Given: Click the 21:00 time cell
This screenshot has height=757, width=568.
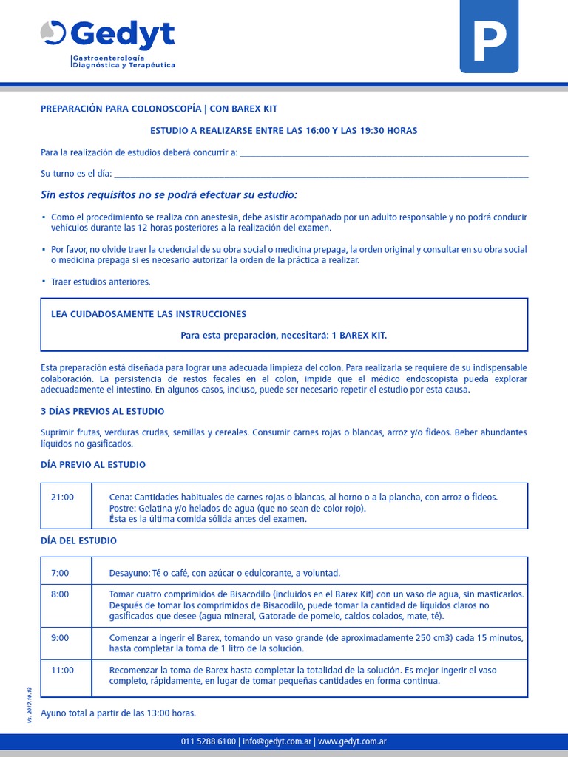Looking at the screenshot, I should click(x=62, y=498).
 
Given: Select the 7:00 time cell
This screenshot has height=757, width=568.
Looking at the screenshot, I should click(x=60, y=573).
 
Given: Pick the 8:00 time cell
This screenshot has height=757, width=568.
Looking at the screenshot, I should click(x=60, y=594).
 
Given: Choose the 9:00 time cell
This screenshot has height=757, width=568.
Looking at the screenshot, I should click(x=60, y=638).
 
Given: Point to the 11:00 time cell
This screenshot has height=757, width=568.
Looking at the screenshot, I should click(x=62, y=671).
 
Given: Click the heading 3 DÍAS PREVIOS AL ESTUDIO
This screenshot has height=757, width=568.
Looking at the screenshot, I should click(x=102, y=411).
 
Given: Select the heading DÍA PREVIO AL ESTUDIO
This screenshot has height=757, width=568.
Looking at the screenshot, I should click(x=93, y=465).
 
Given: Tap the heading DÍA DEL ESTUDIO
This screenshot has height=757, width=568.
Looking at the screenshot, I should click(x=78, y=541).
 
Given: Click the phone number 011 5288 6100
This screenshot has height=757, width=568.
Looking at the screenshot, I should click(x=209, y=741).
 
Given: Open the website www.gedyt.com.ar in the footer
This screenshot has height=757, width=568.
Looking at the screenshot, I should click(x=354, y=741).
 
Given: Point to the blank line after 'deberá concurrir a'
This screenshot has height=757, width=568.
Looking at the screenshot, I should click(x=385, y=153).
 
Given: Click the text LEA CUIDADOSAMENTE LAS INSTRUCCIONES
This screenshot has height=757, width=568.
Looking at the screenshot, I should click(x=149, y=314).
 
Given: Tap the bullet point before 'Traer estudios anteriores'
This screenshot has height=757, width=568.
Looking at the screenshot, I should click(x=44, y=282).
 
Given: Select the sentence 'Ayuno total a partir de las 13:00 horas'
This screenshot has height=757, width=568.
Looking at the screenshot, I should click(x=118, y=713).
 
